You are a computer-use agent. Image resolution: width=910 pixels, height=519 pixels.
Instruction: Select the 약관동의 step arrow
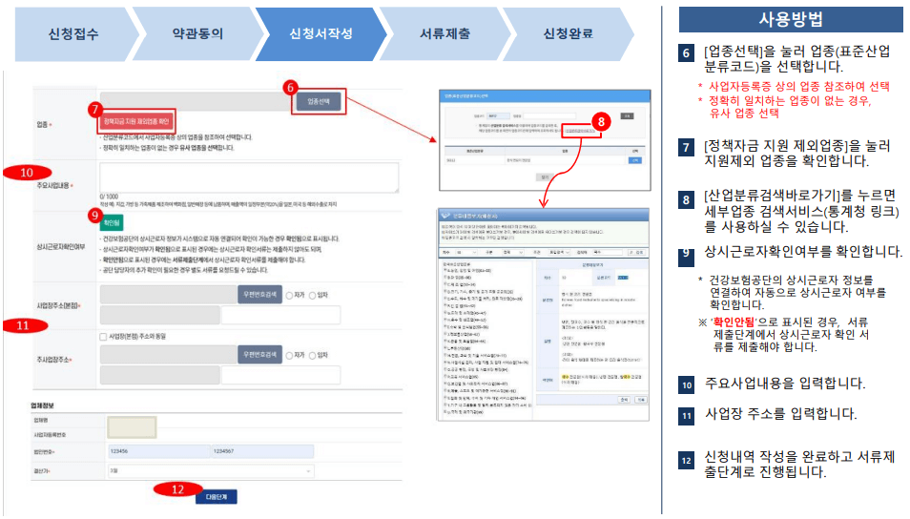tap(197, 33)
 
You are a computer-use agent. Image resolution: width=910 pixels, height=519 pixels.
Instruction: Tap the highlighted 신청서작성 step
tap(321, 33)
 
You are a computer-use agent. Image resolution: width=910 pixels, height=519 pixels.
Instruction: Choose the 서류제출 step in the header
tap(445, 33)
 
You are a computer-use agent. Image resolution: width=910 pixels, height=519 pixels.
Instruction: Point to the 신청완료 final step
tap(568, 33)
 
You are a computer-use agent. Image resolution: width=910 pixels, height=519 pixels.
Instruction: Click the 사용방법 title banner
tap(790, 19)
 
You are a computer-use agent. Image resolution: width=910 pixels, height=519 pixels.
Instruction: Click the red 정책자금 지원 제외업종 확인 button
tap(135, 122)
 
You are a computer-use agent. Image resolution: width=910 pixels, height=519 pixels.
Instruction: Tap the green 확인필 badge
tap(112, 220)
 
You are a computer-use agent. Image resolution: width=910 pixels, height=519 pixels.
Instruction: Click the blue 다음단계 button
tap(217, 497)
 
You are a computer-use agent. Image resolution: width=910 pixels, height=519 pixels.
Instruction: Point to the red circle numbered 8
tap(599, 121)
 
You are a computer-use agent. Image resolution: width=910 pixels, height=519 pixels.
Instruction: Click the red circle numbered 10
tap(27, 172)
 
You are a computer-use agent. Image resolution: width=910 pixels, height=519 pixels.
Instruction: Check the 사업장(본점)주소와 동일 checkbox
tap(103, 337)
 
